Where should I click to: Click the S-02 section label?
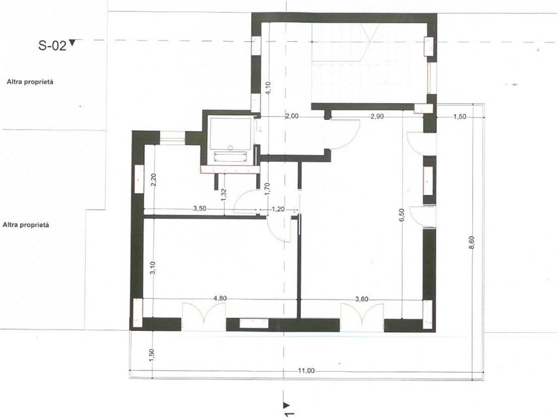[x=52, y=45]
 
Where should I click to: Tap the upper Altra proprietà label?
[x=30, y=82]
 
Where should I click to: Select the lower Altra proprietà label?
[x=26, y=225]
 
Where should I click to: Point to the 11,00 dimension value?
[x=306, y=371]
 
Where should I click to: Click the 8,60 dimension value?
[x=472, y=242]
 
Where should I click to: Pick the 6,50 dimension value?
[x=402, y=215]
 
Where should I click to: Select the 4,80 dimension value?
[x=220, y=298]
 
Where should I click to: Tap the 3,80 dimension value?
[x=361, y=300]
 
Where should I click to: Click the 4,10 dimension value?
[x=269, y=88]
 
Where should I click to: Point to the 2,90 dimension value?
[x=377, y=116]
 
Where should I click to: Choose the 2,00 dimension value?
[x=292, y=116]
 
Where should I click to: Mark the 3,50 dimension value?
[x=200, y=208]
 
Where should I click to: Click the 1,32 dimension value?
[x=223, y=195]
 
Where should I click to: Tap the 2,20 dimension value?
[x=153, y=180]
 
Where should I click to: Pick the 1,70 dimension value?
[x=268, y=189]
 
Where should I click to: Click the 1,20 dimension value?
[x=278, y=210]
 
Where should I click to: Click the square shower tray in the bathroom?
[x=230, y=134]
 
